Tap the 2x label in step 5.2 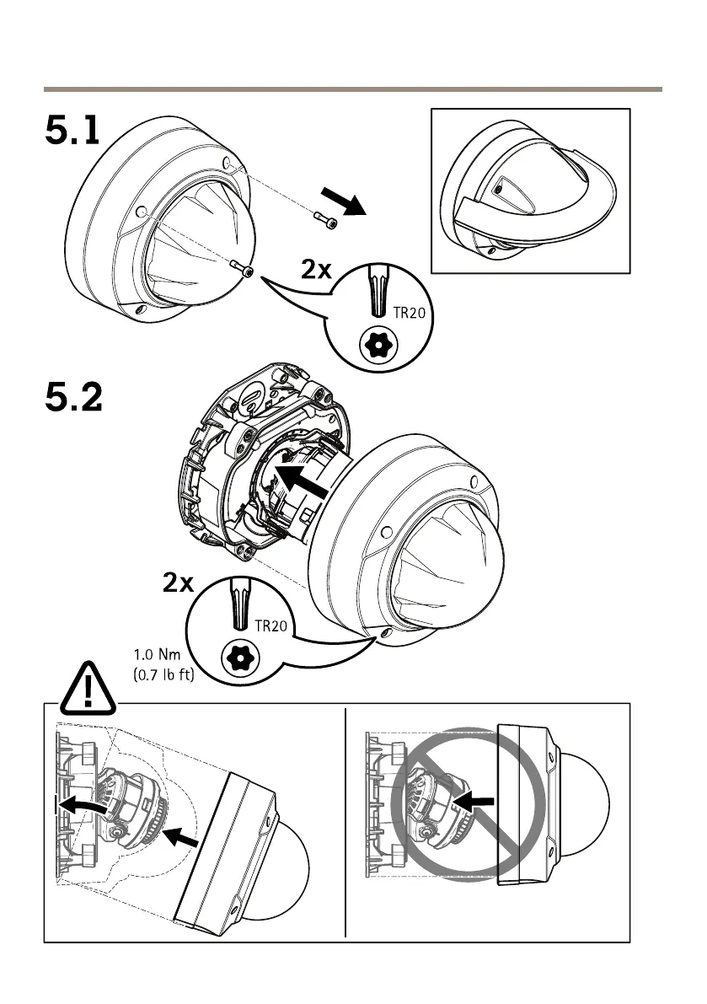pyautogui.click(x=178, y=583)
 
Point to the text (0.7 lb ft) pyautogui.click(x=164, y=674)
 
